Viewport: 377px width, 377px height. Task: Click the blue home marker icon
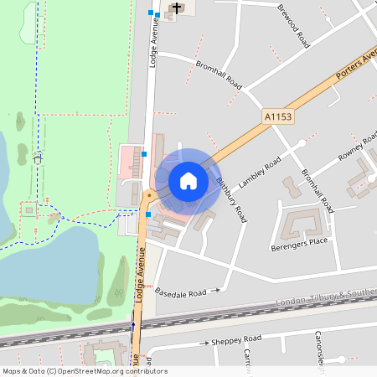[x=188, y=180]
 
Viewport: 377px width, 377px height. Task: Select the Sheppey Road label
[x=237, y=338]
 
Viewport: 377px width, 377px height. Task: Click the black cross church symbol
[x=177, y=8]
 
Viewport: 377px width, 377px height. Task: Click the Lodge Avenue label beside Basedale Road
[x=142, y=274]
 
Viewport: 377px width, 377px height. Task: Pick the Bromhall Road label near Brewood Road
[x=219, y=74]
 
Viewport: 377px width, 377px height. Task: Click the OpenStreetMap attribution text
[x=85, y=371]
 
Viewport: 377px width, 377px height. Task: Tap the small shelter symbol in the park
[x=37, y=157]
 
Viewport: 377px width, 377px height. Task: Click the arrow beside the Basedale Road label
[x=216, y=291]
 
